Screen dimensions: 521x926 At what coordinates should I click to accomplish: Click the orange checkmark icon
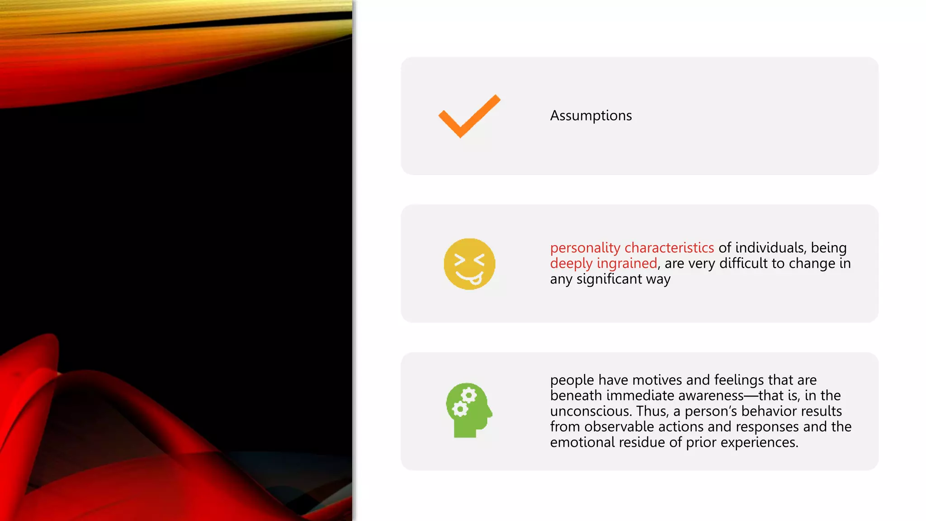pyautogui.click(x=469, y=116)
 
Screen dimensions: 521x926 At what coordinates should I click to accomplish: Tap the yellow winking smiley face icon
pyautogui.click(x=469, y=264)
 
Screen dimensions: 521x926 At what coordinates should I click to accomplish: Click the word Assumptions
pyautogui.click(x=591, y=116)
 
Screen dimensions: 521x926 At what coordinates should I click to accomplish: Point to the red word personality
pyautogui.click(x=585, y=248)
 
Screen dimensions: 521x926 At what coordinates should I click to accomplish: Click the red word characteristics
pyautogui.click(x=669, y=248)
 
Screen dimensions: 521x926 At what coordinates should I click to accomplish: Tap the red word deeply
pyautogui.click(x=571, y=264)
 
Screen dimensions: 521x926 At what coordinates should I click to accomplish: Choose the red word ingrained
pyautogui.click(x=627, y=263)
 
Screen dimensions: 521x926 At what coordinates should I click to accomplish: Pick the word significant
pyautogui.click(x=609, y=279)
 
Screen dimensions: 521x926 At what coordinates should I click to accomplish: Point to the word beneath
pyautogui.click(x=576, y=396)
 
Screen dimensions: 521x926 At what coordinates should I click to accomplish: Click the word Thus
pyautogui.click(x=652, y=411)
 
